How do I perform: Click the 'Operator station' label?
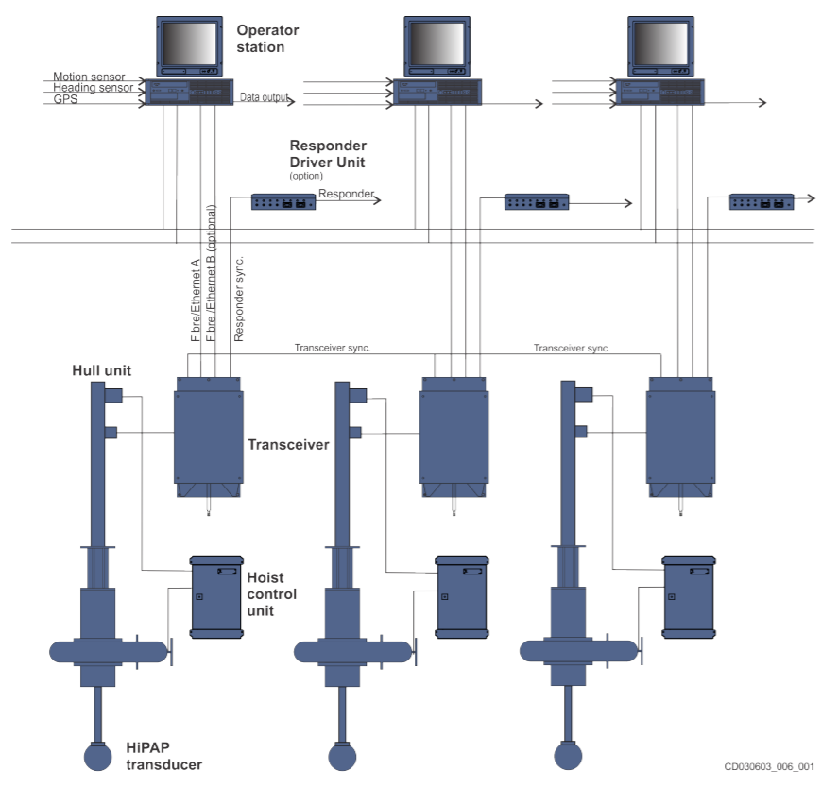point(266,38)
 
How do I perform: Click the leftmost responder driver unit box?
point(283,201)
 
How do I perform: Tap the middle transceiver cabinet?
point(454,429)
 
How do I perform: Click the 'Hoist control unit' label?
point(271,593)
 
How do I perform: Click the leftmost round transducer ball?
point(101,757)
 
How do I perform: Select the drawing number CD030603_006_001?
point(769,767)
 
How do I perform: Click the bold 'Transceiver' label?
point(287,444)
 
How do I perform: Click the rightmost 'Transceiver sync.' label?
point(572,348)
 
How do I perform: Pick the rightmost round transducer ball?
point(568,757)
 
